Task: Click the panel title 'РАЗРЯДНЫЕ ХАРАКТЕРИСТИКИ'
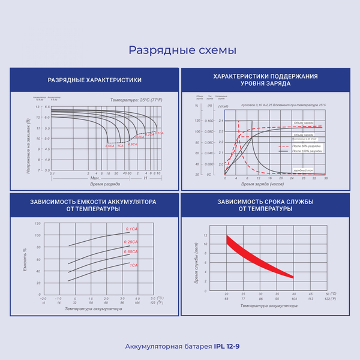click(94, 80)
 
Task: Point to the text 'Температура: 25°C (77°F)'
click(137, 99)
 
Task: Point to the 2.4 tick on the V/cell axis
click(221, 121)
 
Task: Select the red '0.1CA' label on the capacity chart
click(132, 229)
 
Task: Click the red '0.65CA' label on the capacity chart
click(132, 251)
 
